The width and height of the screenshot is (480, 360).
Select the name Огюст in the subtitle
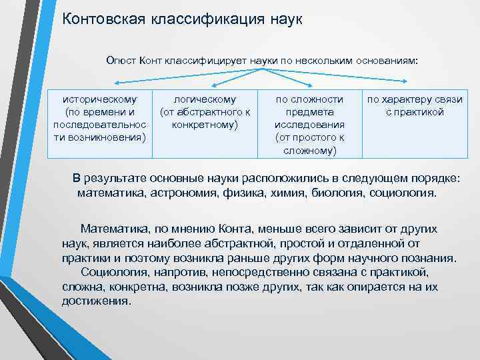pos(121,61)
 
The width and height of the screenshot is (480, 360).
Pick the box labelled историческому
pos(99,118)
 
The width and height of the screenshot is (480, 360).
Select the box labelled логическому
pos(205,111)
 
